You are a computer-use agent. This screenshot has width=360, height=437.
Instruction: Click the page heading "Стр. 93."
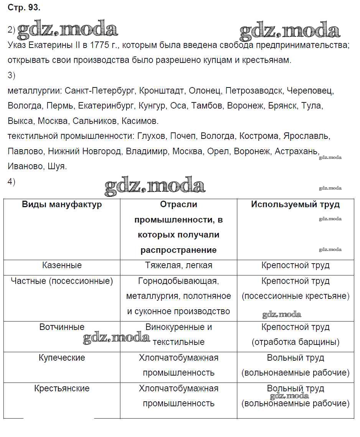24,7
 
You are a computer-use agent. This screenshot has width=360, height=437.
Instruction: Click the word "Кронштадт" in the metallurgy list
161,91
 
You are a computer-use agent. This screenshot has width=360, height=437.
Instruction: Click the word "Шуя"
58,167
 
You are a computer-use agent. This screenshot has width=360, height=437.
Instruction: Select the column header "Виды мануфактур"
62,204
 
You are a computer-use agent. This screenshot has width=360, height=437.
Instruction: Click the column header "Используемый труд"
295,204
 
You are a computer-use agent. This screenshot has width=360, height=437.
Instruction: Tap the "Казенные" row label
62,265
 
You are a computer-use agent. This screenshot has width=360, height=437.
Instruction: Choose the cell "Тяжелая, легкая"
178,265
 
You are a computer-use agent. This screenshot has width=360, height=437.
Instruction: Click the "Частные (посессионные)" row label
62,281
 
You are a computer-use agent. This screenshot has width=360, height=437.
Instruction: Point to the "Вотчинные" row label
62,327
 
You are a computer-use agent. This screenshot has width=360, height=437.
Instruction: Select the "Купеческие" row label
62,358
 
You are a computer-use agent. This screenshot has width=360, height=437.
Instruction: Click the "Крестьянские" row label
62,388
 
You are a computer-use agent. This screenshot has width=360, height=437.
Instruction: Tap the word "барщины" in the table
317,342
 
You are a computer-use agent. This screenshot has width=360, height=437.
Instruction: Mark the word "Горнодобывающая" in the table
178,281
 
